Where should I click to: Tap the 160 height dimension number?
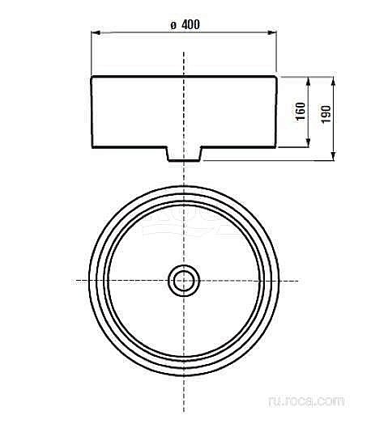[301, 111]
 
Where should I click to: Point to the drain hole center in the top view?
[183, 280]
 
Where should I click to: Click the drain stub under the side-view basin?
[184, 154]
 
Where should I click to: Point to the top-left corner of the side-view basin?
[92, 77]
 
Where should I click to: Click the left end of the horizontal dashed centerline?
[76, 280]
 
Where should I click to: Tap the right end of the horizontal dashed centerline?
[298, 280]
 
